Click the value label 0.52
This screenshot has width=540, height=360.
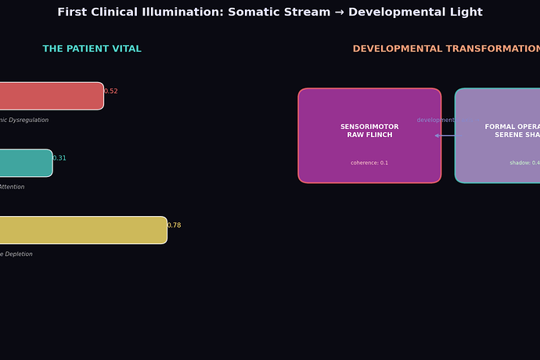coord(111,92)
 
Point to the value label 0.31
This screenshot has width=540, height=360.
coord(59,158)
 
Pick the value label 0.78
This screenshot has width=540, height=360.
coord(174,225)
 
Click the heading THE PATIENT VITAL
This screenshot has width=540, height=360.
coord(92,49)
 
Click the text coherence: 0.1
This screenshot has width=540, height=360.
coord(369,163)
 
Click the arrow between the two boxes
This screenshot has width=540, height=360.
coord(445,135)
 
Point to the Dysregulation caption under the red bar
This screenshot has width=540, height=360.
coord(25,121)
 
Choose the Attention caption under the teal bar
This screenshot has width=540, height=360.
coord(12,187)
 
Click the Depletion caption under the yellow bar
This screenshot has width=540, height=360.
coord(16,254)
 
